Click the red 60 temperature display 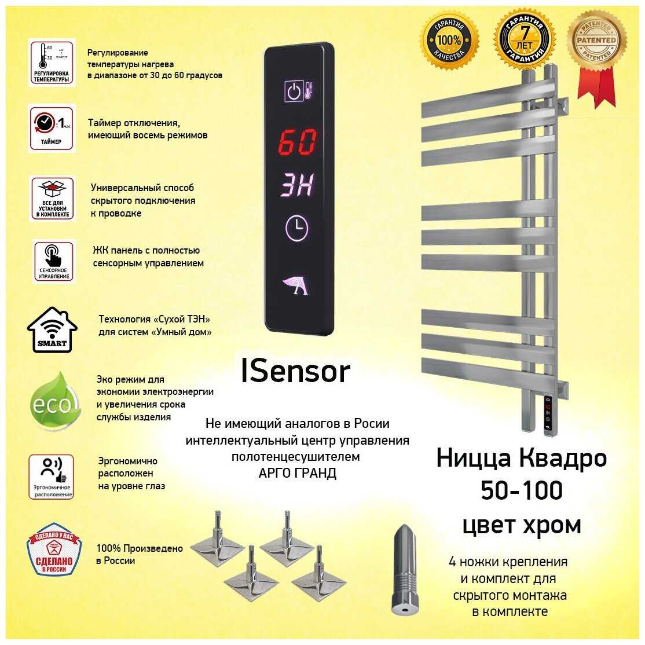click(x=297, y=142)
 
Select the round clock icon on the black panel click(x=297, y=229)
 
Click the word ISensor click(x=295, y=372)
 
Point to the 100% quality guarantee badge click(x=450, y=39)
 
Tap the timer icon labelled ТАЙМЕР click(x=52, y=129)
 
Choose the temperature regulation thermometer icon click(x=52, y=63)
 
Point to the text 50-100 click(x=521, y=490)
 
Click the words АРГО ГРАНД click(x=297, y=473)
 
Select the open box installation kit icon click(x=52, y=199)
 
